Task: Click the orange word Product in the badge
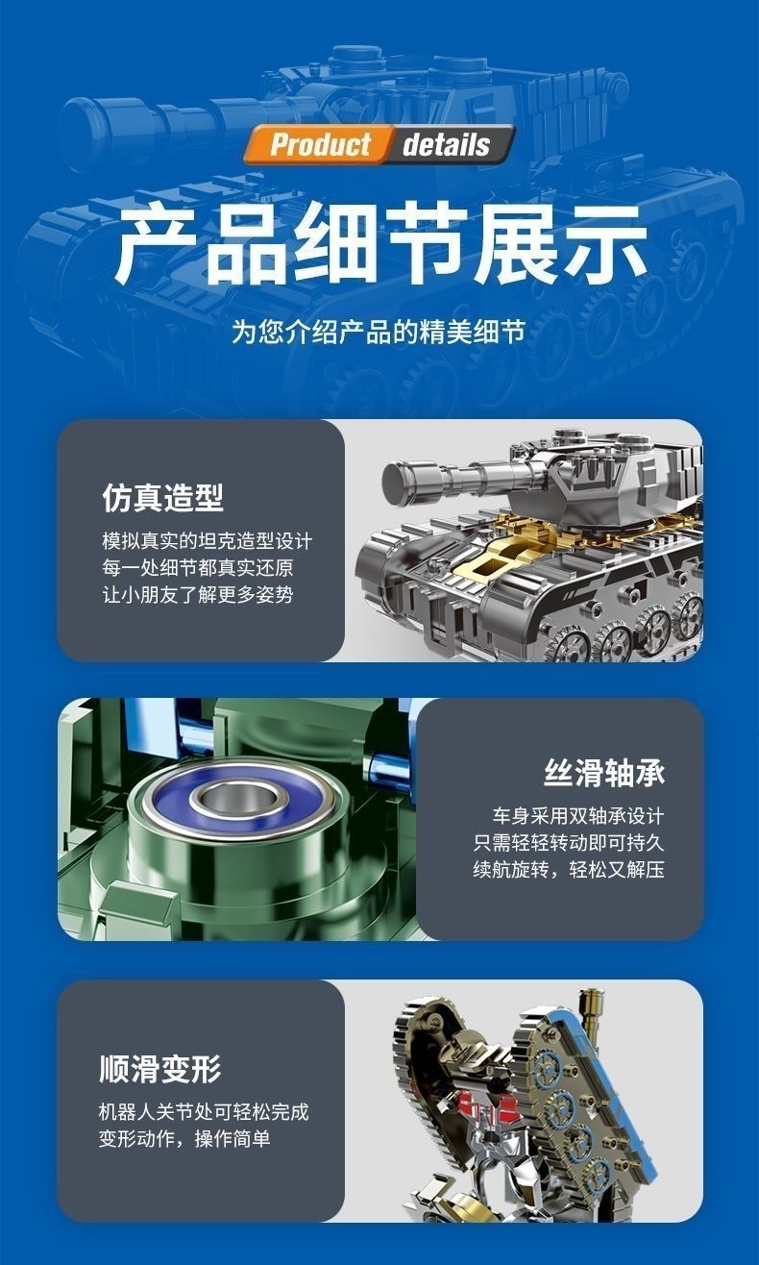320,144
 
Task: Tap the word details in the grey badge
446,144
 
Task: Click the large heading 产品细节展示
379,243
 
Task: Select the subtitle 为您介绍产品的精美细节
379,332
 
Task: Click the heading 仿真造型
162,498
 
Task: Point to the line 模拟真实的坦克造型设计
207,540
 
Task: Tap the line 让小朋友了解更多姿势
198,595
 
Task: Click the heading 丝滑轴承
604,773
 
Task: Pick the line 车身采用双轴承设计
577,816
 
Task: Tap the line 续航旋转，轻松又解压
568,869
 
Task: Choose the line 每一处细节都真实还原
198,567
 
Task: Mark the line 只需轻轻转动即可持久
568,843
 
